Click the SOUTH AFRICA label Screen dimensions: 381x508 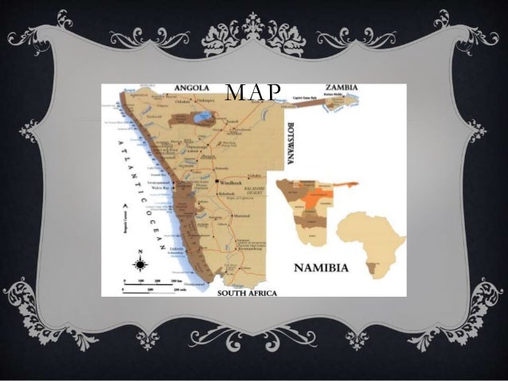(x=248, y=294)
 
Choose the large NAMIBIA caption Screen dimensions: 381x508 (x=322, y=268)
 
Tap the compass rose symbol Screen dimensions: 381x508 (x=140, y=264)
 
